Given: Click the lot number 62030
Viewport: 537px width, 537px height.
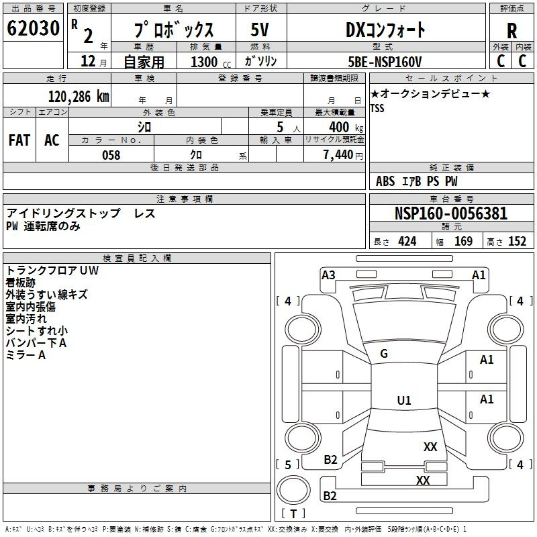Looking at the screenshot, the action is [33, 28].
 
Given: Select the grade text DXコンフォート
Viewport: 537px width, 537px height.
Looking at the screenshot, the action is [385, 30].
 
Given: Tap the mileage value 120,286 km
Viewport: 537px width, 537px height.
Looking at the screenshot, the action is [79, 97].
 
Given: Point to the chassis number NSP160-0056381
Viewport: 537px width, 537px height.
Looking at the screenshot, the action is [451, 213].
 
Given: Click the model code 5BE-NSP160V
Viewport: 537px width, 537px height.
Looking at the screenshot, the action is [385, 62].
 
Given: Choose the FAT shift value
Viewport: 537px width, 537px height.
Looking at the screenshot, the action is [19, 140].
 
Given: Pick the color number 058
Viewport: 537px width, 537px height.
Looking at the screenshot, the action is [111, 155].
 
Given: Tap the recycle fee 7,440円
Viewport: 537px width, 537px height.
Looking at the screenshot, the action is [343, 155].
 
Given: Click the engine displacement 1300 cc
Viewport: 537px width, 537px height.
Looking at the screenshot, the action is [211, 62].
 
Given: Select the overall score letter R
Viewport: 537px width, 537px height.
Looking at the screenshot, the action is [512, 31].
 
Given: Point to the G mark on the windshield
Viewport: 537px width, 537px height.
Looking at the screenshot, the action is [384, 354].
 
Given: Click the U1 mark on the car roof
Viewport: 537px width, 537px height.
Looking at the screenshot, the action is [404, 400].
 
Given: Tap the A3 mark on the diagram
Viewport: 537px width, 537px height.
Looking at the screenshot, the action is [328, 275].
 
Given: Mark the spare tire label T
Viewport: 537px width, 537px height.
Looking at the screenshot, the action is [293, 514].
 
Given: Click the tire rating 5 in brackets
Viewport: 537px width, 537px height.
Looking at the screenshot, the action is [288, 465].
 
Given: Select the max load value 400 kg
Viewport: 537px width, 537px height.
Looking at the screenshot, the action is [346, 128].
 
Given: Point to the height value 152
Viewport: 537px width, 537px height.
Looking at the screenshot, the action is [517, 242].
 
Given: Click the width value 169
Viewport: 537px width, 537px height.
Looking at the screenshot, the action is [463, 242].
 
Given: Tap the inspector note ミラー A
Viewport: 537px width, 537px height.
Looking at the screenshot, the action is [26, 355].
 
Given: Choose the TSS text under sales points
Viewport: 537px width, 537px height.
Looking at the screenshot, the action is [377, 108].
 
